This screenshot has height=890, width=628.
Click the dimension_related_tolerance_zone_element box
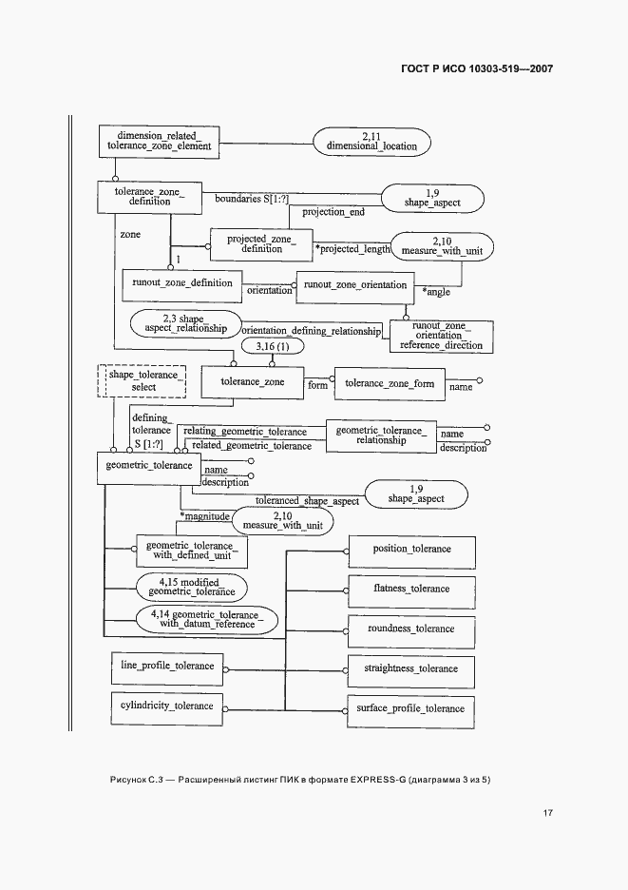tap(159, 142)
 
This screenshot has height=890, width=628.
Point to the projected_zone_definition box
tap(256, 243)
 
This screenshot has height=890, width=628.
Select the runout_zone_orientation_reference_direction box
tap(441, 336)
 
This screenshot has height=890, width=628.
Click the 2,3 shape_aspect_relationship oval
tap(183, 323)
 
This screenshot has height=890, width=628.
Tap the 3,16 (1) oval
tap(274, 347)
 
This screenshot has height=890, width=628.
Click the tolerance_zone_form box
tap(390, 383)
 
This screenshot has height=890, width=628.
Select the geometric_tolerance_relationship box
tap(382, 435)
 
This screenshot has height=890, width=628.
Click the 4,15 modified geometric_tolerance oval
tap(191, 586)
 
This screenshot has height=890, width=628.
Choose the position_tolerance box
tap(411, 550)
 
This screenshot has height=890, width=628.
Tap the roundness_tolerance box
tap(411, 629)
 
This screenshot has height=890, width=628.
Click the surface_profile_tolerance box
tap(411, 709)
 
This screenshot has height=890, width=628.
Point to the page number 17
tap(548, 813)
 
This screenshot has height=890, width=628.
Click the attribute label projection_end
tap(333, 212)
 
